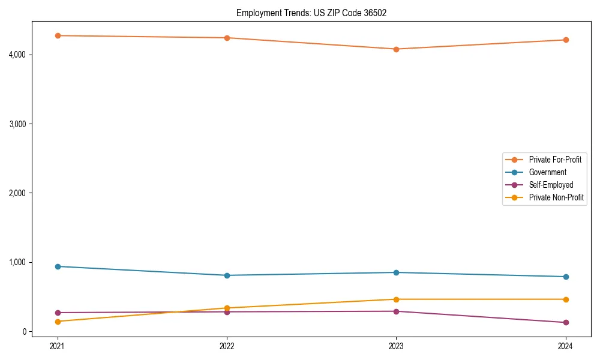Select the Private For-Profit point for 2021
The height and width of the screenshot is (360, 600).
pos(58,35)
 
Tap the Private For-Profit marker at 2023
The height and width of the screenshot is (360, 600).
pos(396,49)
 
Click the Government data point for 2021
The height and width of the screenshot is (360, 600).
pos(58,266)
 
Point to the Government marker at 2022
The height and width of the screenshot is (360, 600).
pos(227,275)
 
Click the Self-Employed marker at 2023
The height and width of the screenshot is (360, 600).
pos(396,311)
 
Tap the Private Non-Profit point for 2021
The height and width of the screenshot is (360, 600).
pos(58,322)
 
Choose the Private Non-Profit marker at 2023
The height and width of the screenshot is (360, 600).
pos(396,299)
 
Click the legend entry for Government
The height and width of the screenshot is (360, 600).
pos(547,172)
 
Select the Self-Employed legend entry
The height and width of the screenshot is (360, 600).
pos(551,185)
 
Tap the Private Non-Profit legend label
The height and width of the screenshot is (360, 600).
pos(556,197)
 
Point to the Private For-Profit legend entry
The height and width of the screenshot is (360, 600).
pos(555,160)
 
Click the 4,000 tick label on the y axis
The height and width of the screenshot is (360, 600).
pos(17,55)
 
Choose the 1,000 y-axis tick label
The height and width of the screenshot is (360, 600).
pos(17,262)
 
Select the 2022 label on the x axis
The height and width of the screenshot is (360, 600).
pos(227,346)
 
